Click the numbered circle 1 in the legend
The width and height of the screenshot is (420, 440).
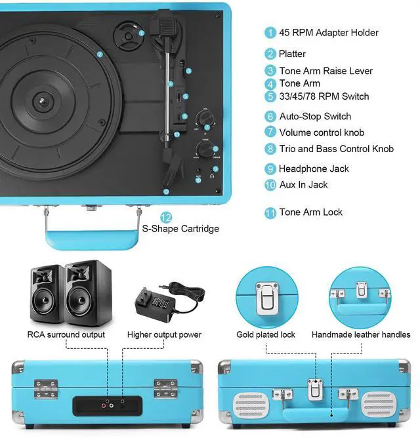pyautogui.click(x=270, y=33)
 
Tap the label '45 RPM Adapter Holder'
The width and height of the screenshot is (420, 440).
pyautogui.click(x=328, y=33)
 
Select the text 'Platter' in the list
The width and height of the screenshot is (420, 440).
pyautogui.click(x=292, y=54)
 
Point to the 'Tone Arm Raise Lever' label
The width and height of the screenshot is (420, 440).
pyautogui.click(x=325, y=71)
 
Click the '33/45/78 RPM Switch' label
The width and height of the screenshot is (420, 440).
pyautogui.click(x=324, y=96)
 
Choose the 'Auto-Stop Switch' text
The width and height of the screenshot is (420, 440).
pyautogui.click(x=315, y=116)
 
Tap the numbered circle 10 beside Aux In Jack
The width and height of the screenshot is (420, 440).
pyautogui.click(x=270, y=185)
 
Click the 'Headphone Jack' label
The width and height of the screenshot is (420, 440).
pyautogui.click(x=314, y=169)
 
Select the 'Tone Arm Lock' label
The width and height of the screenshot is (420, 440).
pyautogui.click(x=310, y=212)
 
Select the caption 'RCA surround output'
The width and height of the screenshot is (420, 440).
pyautogui.click(x=67, y=335)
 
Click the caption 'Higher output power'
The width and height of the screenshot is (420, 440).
pyautogui.click(x=164, y=335)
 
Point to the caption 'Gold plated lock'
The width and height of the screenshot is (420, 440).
pyautogui.click(x=266, y=335)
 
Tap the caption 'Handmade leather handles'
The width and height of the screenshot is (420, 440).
pyautogui.click(x=361, y=335)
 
